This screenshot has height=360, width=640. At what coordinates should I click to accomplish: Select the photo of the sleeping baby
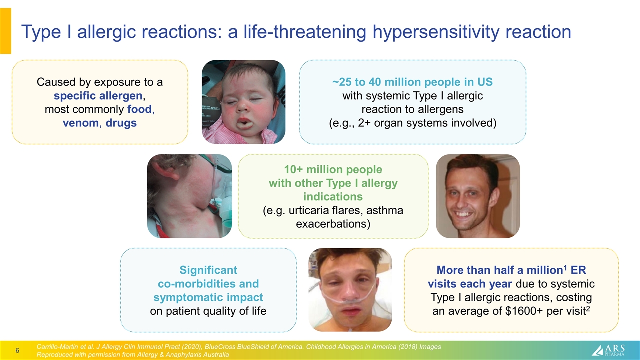pos(243,102)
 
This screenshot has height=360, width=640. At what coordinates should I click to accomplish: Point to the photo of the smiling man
pos(478,196)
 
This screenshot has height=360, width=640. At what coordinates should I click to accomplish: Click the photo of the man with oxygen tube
pos(350,290)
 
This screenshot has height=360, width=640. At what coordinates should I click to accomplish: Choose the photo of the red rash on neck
pos(189,196)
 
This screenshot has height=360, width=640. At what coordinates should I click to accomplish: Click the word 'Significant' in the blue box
pos(208,270)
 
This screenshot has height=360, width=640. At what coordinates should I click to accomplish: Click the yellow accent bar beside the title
pos(5,31)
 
